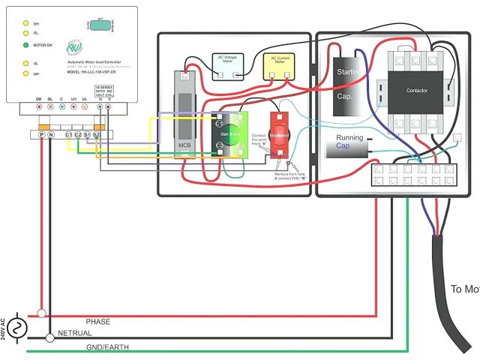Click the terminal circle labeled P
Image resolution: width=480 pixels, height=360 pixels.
(x=41, y=134)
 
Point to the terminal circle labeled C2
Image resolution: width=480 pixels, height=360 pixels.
(x=78, y=134)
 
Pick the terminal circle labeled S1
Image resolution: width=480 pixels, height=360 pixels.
(x=87, y=134)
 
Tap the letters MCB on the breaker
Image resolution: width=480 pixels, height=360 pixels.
(x=184, y=143)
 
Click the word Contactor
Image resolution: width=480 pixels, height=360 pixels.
(x=417, y=90)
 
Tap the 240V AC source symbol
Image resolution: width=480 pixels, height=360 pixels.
(x=16, y=327)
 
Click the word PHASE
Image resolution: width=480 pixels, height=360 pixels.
(x=97, y=322)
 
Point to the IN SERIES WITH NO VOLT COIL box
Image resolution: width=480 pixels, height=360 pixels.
(x=103, y=91)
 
